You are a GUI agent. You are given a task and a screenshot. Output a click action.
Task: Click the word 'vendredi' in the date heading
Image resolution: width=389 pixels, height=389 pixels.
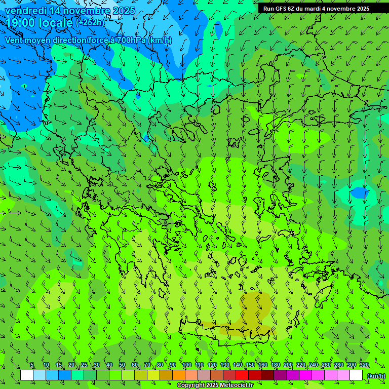[x=26, y=11]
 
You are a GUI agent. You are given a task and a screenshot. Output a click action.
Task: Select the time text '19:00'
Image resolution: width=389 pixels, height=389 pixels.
[x=21, y=22]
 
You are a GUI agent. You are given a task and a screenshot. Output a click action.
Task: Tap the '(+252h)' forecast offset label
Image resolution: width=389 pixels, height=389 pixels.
[x=90, y=22]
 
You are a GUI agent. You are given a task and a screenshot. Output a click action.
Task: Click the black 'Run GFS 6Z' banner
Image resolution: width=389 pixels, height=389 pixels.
[x=316, y=9]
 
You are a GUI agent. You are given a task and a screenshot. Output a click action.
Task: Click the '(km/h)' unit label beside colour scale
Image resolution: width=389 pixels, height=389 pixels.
[x=376, y=375]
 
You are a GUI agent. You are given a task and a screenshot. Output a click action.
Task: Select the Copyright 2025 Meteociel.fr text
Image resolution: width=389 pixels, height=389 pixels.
[x=215, y=385]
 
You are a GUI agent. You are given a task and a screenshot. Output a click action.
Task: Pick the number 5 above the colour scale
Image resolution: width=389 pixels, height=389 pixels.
[x=32, y=365]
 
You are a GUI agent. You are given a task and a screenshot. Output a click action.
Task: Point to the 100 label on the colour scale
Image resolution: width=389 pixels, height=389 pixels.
[x=186, y=365]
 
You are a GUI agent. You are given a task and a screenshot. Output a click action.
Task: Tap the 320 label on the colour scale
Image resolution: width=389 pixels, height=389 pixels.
[x=364, y=365]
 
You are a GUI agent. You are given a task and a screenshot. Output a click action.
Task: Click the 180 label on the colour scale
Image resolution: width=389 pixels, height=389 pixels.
[x=275, y=365]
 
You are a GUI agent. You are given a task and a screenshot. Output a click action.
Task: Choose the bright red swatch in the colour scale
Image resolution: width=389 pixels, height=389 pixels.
[x=242, y=375]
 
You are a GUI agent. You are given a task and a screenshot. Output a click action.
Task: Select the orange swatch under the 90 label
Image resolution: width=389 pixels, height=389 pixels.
[x=179, y=375]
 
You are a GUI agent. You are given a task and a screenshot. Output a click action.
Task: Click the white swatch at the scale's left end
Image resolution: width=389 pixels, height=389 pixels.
[x=27, y=375]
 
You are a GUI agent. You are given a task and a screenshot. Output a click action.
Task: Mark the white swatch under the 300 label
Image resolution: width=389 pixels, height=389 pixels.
[x=356, y=375]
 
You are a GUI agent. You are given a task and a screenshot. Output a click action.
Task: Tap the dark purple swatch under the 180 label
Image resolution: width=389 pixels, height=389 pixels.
[x=280, y=375]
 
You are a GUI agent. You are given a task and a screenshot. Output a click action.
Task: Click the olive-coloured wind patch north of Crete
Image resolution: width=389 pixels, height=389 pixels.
[x=256, y=303]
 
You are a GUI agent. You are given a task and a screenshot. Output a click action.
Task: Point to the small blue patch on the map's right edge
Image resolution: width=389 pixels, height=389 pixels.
[x=360, y=192]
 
